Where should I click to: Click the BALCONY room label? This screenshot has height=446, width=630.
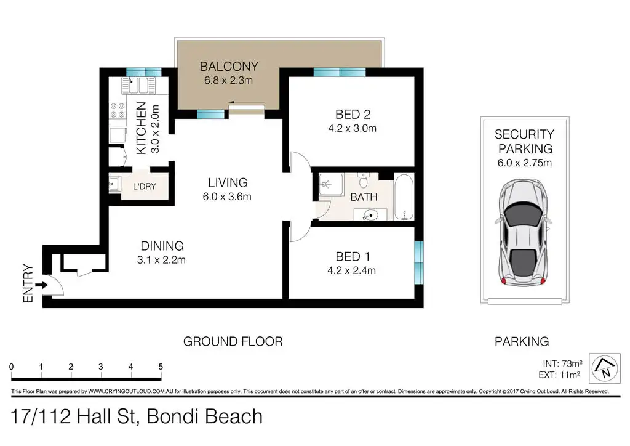(229, 67)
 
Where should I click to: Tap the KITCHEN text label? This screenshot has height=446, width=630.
(141, 128)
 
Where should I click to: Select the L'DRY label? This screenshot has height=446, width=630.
(144, 187)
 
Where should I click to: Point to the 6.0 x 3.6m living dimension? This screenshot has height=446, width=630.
(227, 197)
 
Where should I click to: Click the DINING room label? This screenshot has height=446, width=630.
(162, 246)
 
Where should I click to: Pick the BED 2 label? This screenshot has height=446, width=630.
(353, 115)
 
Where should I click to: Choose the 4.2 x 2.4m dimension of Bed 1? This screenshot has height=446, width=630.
(351, 270)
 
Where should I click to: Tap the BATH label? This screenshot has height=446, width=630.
(364, 197)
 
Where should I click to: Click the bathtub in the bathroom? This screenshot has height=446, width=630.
(404, 197)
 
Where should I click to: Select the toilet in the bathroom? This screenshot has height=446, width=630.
(363, 181)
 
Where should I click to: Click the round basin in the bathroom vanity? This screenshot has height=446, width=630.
(370, 216)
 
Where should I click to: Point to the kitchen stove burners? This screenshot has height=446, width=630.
(118, 111)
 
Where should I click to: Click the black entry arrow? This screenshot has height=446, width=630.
(41, 285)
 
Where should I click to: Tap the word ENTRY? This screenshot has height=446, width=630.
(28, 283)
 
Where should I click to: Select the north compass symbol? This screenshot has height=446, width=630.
(604, 368)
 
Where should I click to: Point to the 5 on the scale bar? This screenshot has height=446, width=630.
(161, 367)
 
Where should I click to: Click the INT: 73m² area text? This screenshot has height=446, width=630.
(562, 363)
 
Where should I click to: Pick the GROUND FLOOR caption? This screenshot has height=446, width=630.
(233, 341)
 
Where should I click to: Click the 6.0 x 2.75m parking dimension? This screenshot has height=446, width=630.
(525, 163)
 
